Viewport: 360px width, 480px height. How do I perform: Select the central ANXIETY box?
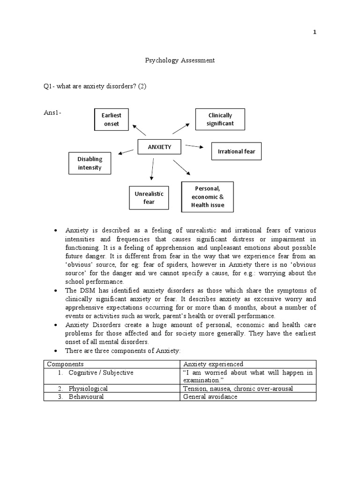pos(159,147)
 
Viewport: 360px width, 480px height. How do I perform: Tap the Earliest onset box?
pos(112,120)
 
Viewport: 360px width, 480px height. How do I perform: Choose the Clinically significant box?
pos(220,120)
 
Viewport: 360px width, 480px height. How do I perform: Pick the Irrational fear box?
pos(237,151)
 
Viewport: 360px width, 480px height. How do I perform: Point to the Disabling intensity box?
pos(90,163)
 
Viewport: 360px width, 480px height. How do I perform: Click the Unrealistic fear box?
pos(149,198)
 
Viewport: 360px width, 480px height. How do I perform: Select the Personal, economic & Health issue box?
pos(207,197)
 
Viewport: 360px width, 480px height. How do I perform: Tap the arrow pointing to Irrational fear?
pos(195,147)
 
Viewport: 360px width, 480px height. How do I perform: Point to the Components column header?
pos(65,364)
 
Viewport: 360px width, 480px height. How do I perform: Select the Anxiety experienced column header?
pos(207,364)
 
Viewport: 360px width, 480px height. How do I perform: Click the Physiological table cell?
pos(88,389)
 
